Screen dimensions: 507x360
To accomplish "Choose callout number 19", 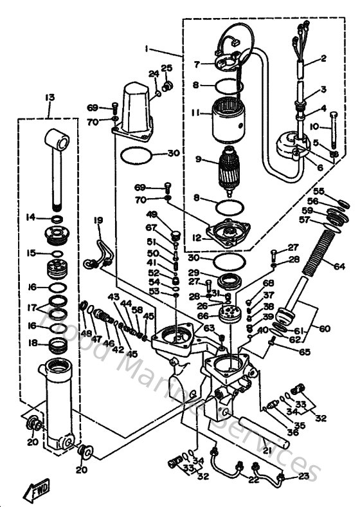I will point(98,221).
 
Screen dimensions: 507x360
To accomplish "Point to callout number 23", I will point(303,477).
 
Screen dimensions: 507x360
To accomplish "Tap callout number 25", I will point(166,69).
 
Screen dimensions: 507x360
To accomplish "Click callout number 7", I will point(198,64).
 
